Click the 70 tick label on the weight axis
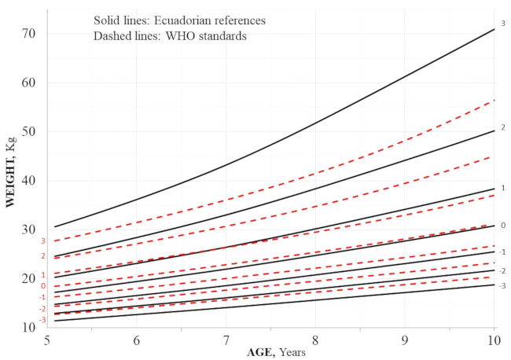[29, 34]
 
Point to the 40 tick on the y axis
[29, 181]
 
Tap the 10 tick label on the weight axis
[29, 327]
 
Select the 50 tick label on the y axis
[29, 132]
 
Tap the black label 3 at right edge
[502, 24]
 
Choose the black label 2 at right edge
[502, 127]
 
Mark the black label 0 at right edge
[502, 226]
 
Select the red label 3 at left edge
[44, 241]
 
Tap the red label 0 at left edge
[44, 286]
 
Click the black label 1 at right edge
[502, 189]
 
